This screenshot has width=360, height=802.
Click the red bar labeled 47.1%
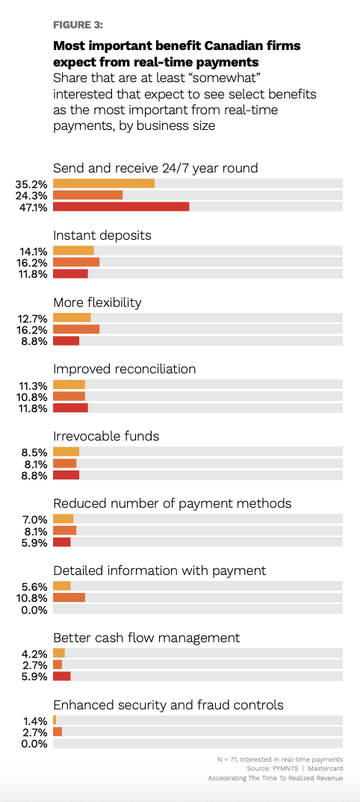[121, 207]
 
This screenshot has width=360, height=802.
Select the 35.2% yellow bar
[104, 183]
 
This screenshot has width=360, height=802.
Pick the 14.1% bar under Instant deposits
[74, 250]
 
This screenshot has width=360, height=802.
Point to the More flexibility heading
[97, 302]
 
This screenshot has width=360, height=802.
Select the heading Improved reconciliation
[124, 369]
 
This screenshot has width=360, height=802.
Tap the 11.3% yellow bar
[69, 385]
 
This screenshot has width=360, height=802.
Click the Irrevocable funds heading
[106, 436]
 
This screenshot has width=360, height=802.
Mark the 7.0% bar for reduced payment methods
[63, 519]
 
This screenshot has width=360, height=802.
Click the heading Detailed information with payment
[160, 571]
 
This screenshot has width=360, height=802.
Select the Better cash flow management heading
[146, 638]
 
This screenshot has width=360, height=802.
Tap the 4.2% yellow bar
[59, 653]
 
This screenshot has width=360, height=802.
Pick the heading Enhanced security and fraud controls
[168, 705]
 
